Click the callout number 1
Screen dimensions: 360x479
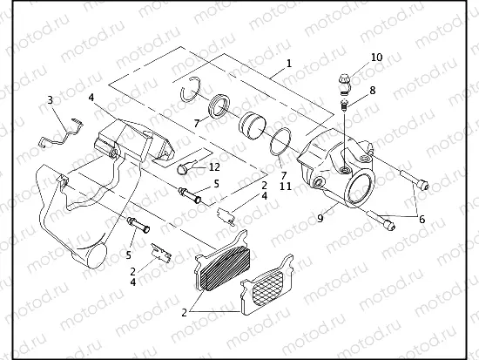(x=288, y=64)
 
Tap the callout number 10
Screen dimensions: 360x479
(x=376, y=58)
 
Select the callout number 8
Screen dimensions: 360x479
(x=372, y=90)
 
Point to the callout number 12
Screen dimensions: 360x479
(x=214, y=166)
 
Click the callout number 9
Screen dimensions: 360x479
(x=321, y=219)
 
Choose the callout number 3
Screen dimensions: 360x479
(x=50, y=100)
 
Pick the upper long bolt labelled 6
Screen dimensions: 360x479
(x=412, y=182)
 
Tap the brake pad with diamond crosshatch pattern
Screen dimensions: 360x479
(x=267, y=287)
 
